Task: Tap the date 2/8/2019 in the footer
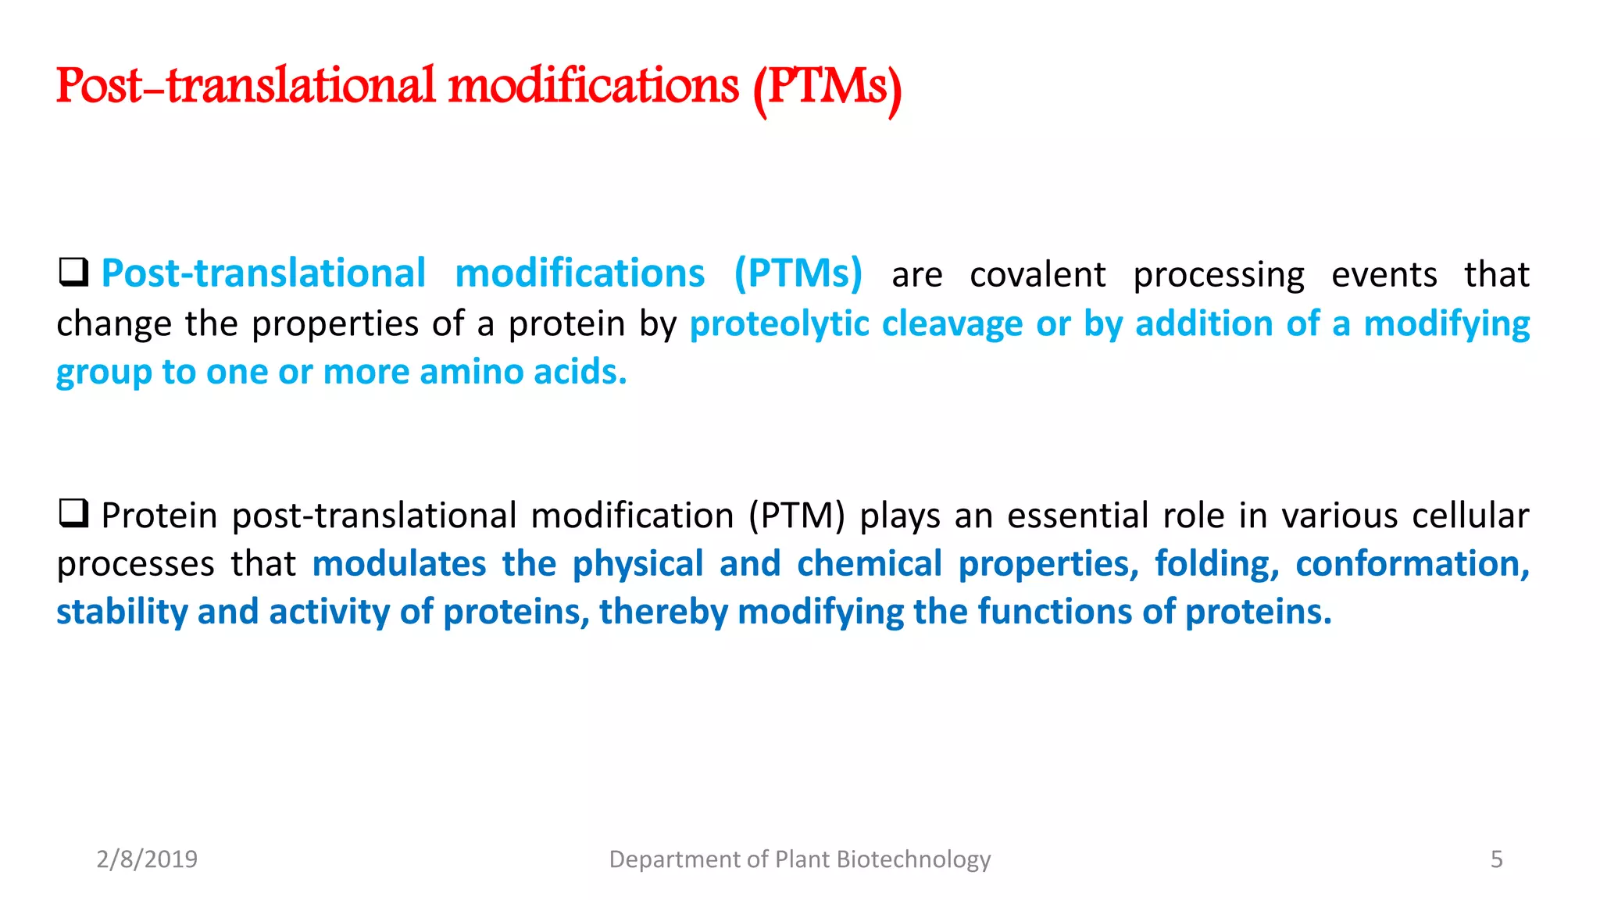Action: (147, 859)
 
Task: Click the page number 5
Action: (1496, 859)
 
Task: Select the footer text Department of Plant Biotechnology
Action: (799, 859)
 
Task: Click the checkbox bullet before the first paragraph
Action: (73, 273)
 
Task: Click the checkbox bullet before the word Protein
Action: (73, 514)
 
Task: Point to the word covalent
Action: (1037, 275)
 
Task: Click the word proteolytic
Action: (779, 324)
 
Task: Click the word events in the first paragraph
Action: (1384, 275)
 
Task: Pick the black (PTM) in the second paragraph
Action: (796, 516)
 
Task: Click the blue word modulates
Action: (399, 564)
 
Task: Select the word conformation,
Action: (1412, 564)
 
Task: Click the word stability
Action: (122, 612)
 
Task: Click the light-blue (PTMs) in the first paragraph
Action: (798, 274)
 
